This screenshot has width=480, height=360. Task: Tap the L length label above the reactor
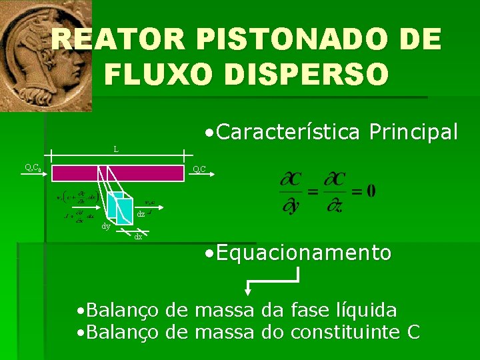(x=116, y=149)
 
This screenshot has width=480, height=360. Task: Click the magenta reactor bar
(x=117, y=173)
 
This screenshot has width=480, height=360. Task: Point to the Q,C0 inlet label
(x=33, y=168)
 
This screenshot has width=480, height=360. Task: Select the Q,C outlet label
(x=199, y=169)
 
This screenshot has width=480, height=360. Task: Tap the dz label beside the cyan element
(x=141, y=214)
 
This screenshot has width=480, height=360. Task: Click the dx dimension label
(x=138, y=236)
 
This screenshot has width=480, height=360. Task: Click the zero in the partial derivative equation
(x=370, y=191)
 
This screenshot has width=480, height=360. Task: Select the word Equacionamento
(x=303, y=253)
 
